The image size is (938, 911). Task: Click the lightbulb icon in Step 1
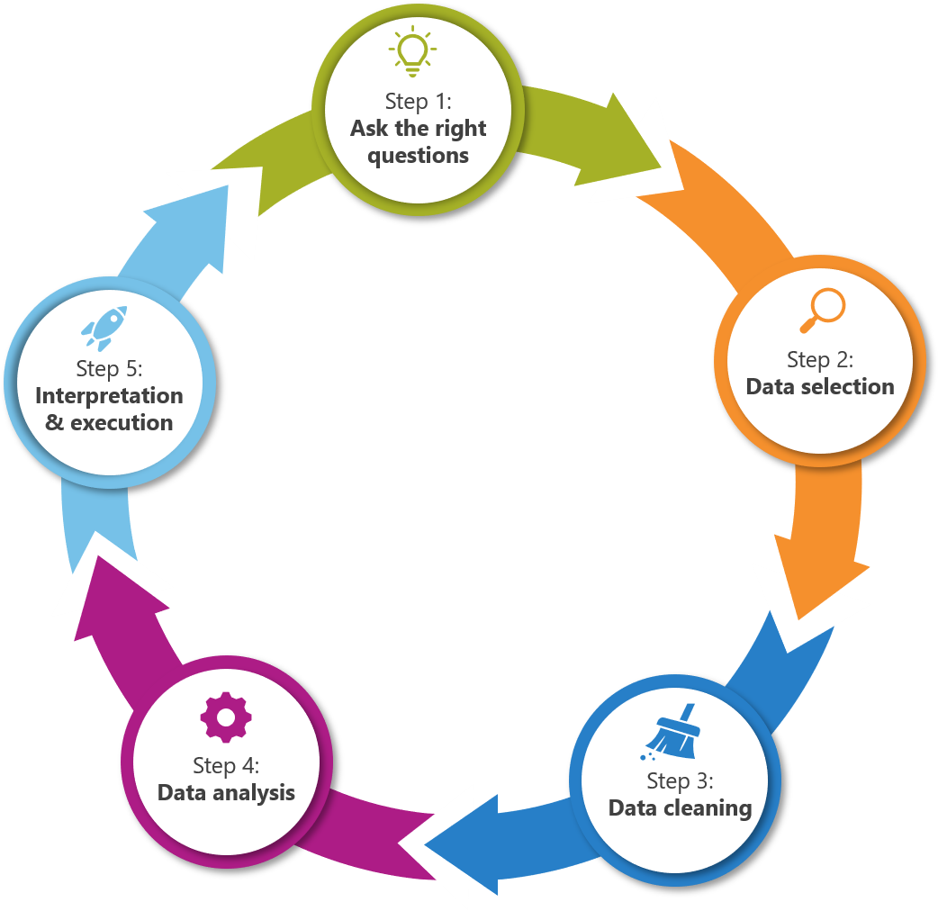413,52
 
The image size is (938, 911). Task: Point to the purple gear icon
226,717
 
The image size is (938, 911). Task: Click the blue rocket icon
104,326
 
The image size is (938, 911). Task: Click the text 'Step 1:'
419,100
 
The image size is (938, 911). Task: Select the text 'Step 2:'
820,359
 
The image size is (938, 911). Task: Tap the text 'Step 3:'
681,780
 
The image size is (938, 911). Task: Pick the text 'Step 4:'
226,765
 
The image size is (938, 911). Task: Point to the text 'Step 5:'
110,368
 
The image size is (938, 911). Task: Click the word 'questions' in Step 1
419,155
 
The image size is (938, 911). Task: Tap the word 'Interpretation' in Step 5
109,396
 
